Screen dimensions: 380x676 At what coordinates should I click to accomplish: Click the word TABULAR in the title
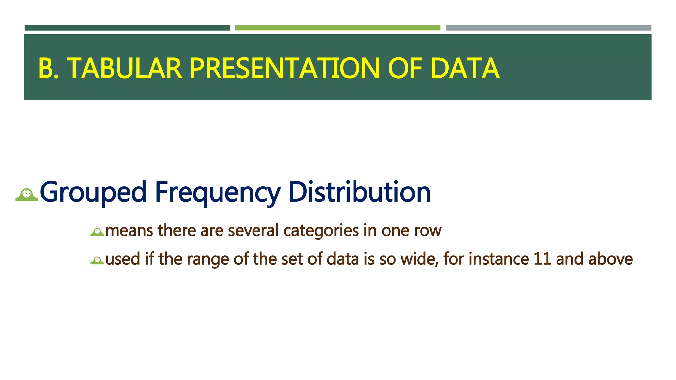(124, 69)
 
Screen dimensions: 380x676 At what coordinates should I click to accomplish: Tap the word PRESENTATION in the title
(285, 69)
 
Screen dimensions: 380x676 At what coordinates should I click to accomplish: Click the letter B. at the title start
(49, 69)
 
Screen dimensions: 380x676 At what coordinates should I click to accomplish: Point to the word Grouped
(93, 192)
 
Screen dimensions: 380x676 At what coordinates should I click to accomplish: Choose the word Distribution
(359, 192)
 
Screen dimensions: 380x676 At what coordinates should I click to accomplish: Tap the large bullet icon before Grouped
(27, 195)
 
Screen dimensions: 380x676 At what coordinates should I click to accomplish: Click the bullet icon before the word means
(97, 232)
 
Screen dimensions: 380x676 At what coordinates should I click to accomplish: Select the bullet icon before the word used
(97, 261)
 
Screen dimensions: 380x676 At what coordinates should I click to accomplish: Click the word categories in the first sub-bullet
(321, 231)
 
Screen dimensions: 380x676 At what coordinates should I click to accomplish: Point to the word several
(253, 230)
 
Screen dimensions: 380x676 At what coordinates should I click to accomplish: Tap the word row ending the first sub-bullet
(428, 231)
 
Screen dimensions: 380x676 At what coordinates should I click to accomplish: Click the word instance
(499, 259)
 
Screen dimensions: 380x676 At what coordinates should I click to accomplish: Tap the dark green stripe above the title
(127, 28)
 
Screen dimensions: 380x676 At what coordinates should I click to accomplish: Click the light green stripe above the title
(337, 28)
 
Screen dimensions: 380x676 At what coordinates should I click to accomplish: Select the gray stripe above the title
(548, 28)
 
